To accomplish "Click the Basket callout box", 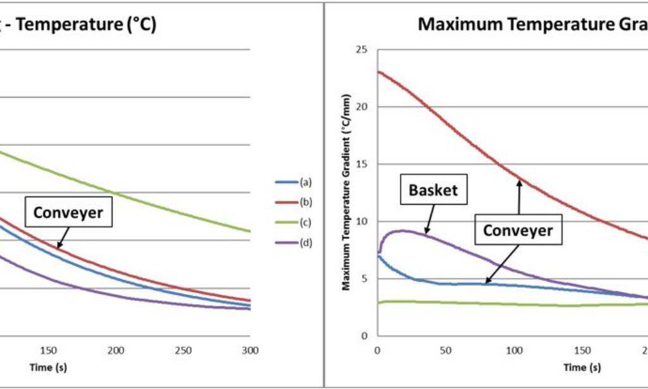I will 433,190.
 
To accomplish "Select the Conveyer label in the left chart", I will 68,213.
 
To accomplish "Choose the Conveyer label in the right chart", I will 518,231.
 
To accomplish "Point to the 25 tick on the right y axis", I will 363,49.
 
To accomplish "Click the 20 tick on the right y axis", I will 363,107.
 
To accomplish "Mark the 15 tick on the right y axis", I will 363,164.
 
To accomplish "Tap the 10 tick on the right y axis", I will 363,222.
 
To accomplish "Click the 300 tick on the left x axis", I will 250,350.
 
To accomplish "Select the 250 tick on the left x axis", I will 183,350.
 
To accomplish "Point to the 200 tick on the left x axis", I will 116,350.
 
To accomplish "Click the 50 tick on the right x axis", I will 446,350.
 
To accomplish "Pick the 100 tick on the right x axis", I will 514,350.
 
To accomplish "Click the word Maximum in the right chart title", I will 455,25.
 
